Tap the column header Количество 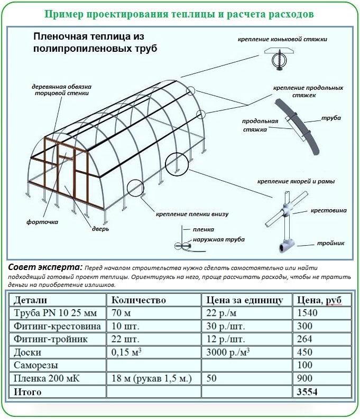coord(139,300)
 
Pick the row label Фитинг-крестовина coord(51,326)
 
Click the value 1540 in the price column coord(307,313)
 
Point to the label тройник coord(331,243)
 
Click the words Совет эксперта coord(45,266)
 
